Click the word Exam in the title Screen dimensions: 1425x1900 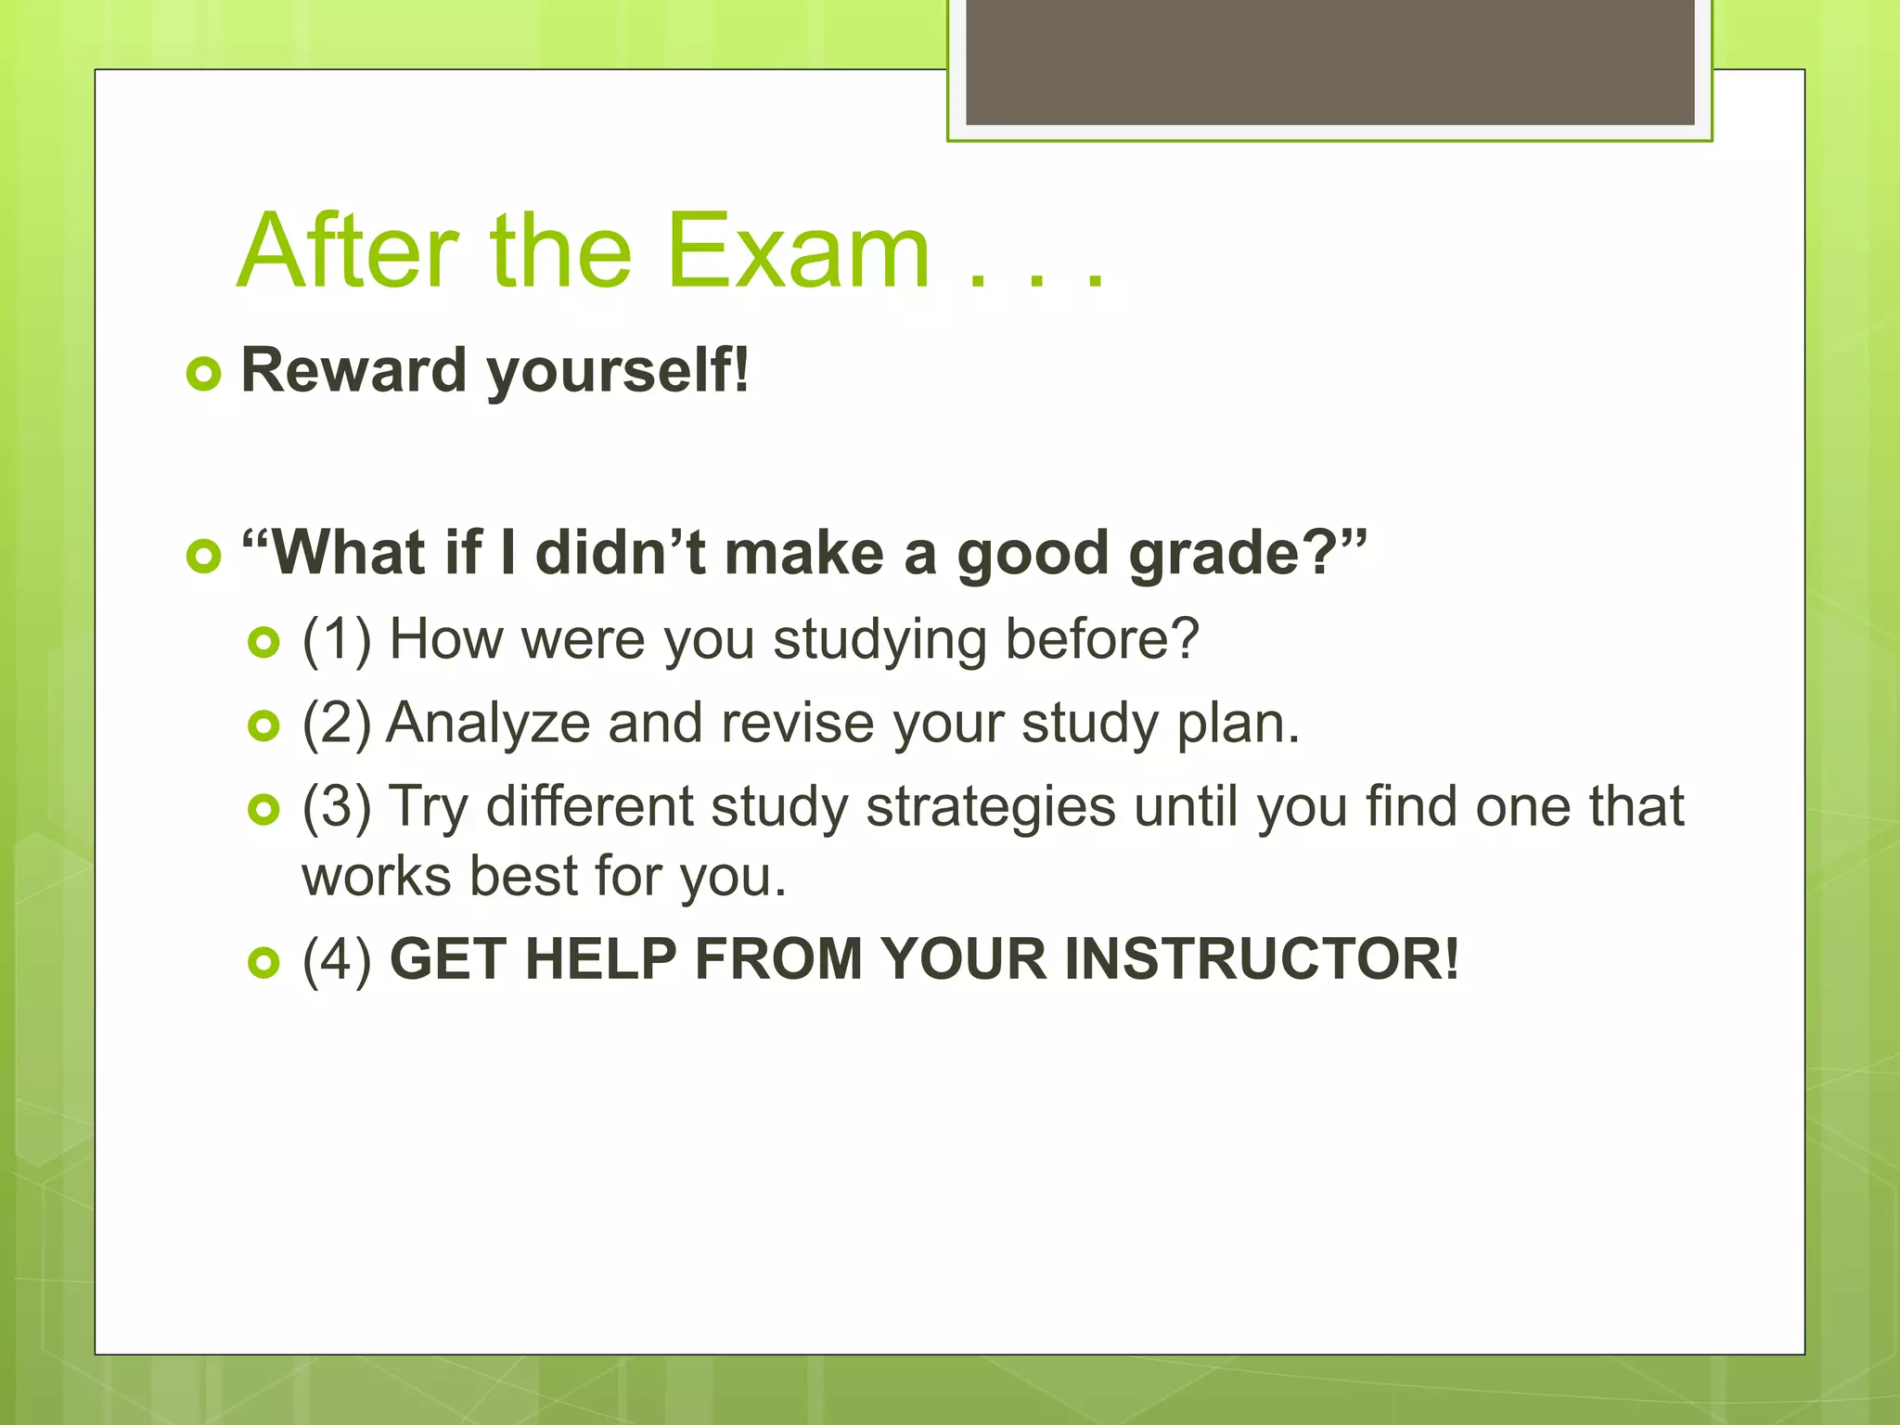[798, 252]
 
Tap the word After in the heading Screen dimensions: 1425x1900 [348, 252]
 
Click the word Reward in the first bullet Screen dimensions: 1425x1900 [353, 370]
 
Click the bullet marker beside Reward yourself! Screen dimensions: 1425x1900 [204, 375]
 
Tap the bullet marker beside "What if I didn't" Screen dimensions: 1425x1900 [204, 557]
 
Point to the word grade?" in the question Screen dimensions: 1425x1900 [1247, 555]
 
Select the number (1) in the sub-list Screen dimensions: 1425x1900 [337, 640]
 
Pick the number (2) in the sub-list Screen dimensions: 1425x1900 [337, 724]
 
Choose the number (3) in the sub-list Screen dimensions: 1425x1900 [337, 807]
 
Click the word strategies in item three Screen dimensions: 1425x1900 [990, 807]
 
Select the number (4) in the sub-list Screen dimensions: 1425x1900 [337, 960]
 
